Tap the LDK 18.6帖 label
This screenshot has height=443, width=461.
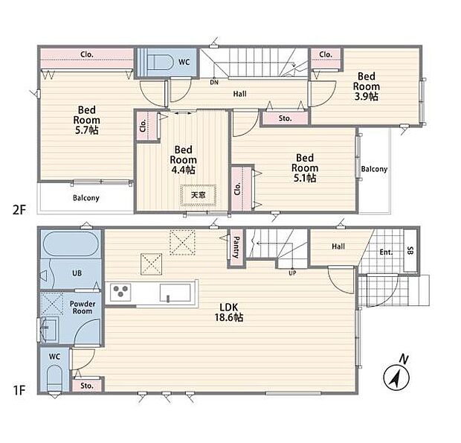[x=229, y=312]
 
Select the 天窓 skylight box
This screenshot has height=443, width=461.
[x=199, y=195]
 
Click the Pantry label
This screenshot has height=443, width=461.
[x=236, y=247]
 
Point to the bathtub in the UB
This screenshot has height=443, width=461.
[x=71, y=244]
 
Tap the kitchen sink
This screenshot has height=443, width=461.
[x=175, y=293]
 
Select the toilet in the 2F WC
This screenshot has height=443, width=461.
[x=159, y=62]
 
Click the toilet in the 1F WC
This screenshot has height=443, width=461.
[x=55, y=377]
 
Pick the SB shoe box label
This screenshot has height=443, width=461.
[x=410, y=250]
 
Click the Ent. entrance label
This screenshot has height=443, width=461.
[x=386, y=252]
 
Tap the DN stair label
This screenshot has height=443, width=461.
[x=214, y=83]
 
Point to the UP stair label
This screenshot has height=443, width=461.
[x=292, y=273]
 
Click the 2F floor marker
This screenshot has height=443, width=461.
[x=19, y=210]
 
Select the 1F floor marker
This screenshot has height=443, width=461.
[x=19, y=390]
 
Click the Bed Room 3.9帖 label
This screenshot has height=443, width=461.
[x=367, y=86]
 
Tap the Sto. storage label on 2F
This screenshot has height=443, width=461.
[x=285, y=118]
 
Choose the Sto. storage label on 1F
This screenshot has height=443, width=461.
[x=87, y=386]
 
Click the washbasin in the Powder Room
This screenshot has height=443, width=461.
[x=49, y=329]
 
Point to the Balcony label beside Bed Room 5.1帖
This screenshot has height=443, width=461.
[x=374, y=169]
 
